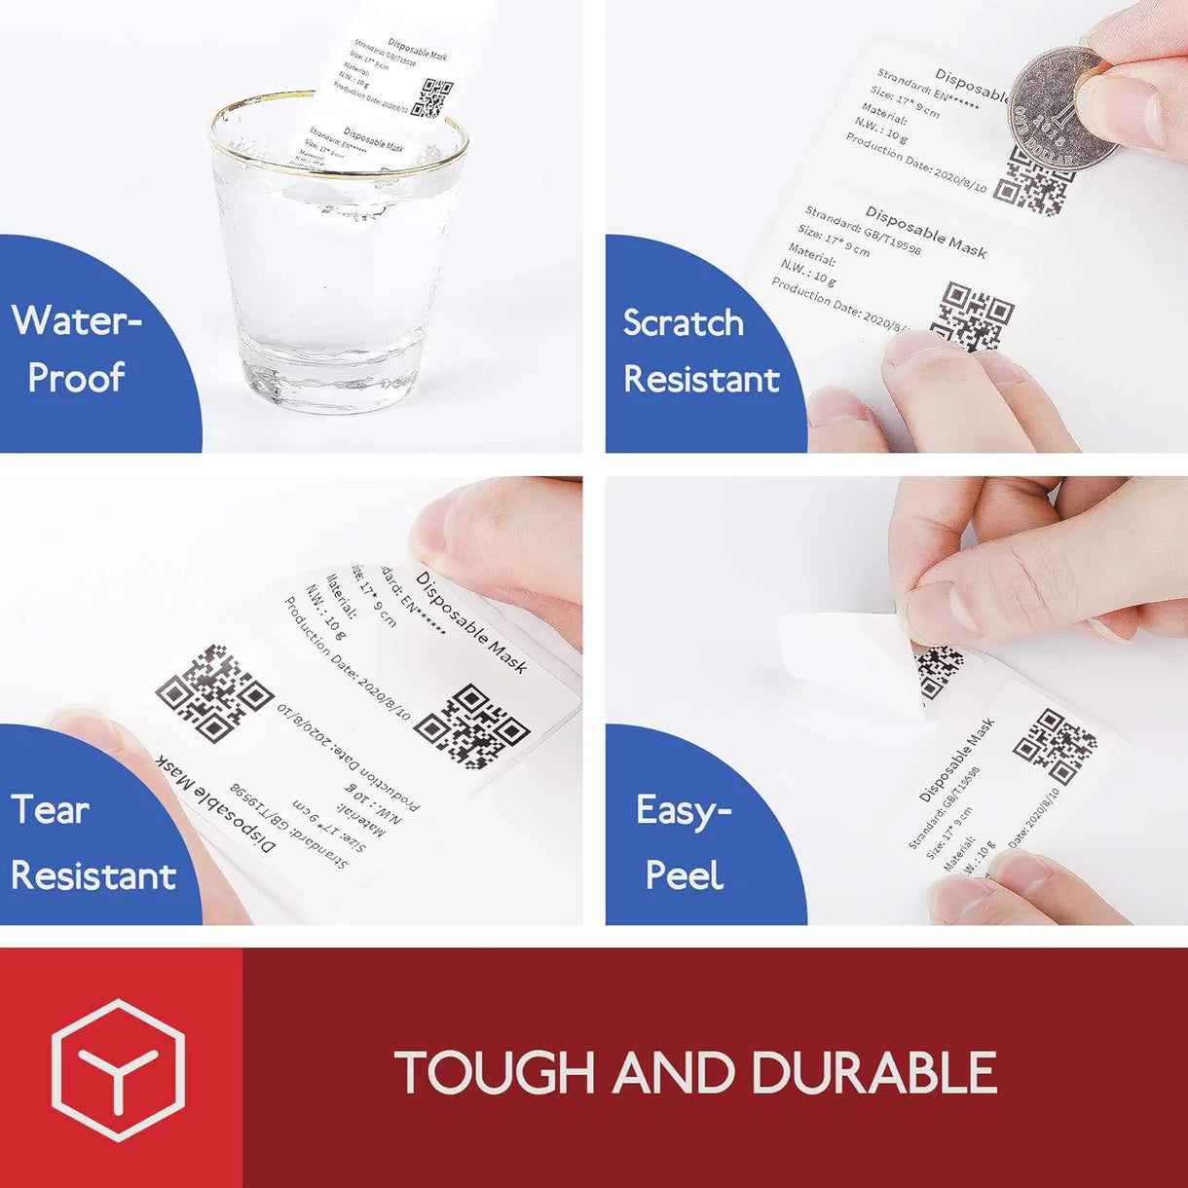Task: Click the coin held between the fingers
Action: [x=1061, y=109]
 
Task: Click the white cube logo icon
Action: [x=118, y=1069]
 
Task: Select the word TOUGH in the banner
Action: [x=494, y=1072]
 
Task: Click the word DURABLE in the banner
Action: [x=873, y=1072]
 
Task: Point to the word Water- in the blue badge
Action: [x=77, y=320]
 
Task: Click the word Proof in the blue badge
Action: [x=76, y=378]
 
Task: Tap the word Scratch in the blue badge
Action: [x=683, y=323]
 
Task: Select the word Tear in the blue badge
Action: [x=50, y=810]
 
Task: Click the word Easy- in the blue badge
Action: [x=683, y=810]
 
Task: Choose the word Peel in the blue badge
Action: [x=684, y=875]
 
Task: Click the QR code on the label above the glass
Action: [x=432, y=98]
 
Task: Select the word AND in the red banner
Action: [x=673, y=1072]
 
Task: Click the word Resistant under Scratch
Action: [x=701, y=379]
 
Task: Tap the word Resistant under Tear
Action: [x=93, y=875]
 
